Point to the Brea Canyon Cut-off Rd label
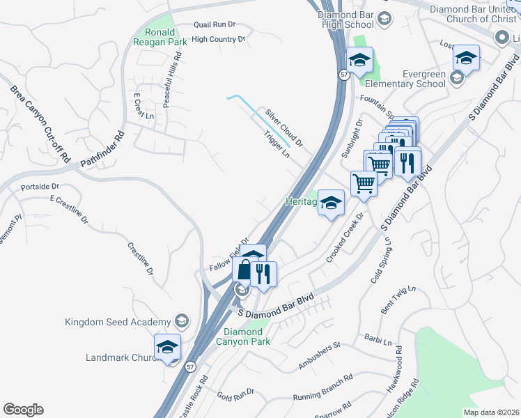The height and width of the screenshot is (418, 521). tap(40, 124)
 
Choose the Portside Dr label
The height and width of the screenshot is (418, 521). tap(40, 187)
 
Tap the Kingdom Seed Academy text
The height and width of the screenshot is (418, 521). tap(117, 322)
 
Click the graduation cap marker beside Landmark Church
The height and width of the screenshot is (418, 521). tap(168, 347)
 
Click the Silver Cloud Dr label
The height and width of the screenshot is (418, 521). tap(283, 127)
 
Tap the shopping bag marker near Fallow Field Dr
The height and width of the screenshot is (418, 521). tap(244, 270)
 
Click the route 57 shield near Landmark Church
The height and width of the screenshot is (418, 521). tap(190, 366)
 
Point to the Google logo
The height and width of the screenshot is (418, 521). tap(23, 410)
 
